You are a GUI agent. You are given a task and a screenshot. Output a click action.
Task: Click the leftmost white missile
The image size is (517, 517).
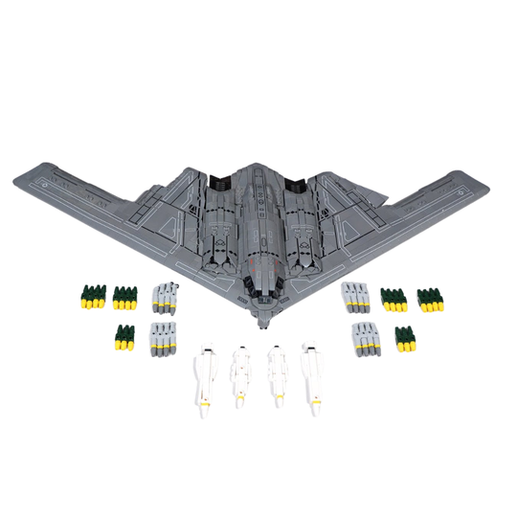[x=204, y=380]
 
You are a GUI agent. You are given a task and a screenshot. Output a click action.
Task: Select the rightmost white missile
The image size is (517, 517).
[x=311, y=379]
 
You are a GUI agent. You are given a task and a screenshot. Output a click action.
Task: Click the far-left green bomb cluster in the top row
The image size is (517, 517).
[x=91, y=298]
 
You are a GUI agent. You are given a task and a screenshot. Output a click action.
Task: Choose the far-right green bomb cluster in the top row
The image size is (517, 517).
[x=431, y=299]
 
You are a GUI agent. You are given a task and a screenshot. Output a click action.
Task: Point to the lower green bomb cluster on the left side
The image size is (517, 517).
[x=124, y=336]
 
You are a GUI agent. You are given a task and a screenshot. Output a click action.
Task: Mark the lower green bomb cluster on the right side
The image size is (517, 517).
[x=405, y=338]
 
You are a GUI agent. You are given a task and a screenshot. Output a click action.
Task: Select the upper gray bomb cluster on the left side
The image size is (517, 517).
[x=165, y=298]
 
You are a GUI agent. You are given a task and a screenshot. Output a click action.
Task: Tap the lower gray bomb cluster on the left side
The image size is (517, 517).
[x=164, y=336]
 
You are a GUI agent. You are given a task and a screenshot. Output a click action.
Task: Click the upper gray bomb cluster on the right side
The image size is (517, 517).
[x=356, y=298]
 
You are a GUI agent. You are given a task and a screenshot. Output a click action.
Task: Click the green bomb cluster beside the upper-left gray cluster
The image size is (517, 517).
[x=124, y=298]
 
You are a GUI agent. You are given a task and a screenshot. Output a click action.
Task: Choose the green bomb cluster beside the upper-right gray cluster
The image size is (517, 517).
[x=393, y=299]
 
